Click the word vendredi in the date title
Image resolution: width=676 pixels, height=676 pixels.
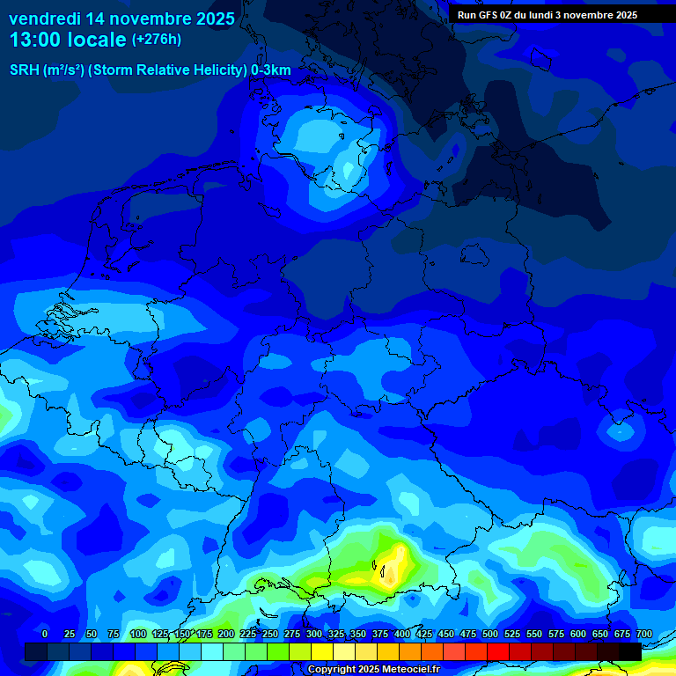click(x=45, y=18)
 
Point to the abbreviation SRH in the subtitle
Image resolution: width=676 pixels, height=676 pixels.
click(x=25, y=70)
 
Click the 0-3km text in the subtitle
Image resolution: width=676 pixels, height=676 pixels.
click(x=271, y=70)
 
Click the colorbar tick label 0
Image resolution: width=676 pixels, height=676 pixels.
click(x=45, y=634)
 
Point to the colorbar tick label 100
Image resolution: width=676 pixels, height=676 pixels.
click(x=138, y=634)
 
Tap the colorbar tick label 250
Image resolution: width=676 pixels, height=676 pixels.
click(x=270, y=634)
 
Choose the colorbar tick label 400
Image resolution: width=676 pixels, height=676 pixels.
click(x=402, y=634)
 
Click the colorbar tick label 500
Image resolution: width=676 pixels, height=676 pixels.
click(x=490, y=634)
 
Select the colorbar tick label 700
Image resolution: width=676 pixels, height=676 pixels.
click(x=644, y=634)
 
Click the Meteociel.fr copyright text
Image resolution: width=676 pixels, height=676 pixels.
click(x=373, y=670)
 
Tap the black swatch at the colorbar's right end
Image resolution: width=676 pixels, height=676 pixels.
click(x=630, y=651)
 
